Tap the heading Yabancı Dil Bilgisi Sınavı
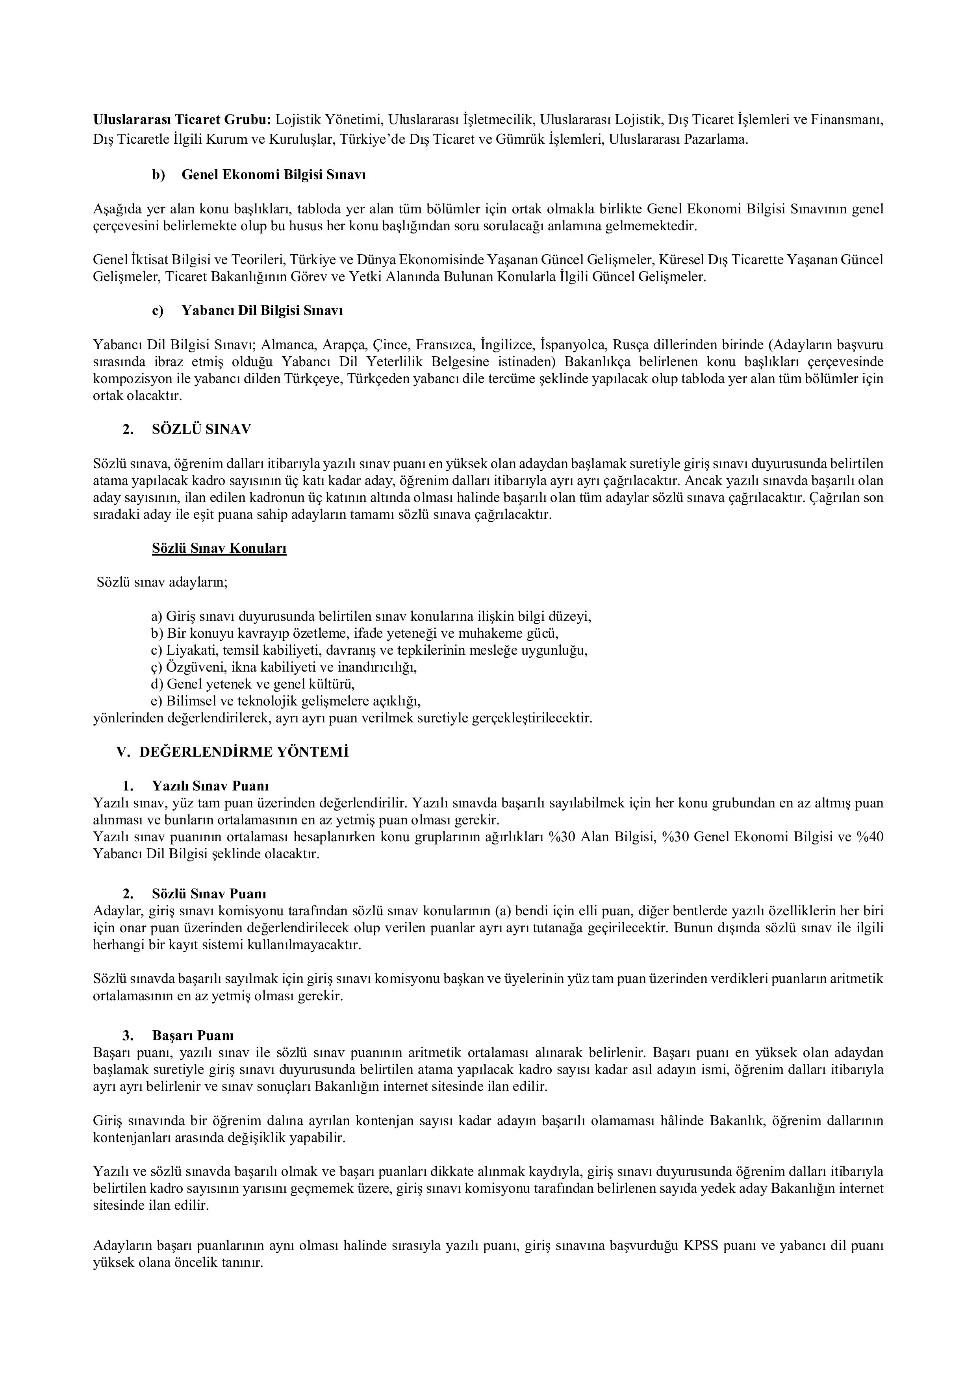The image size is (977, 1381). [x=262, y=310]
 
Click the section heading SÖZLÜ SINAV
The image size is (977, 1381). [x=202, y=429]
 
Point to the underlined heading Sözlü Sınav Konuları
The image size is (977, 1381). [x=219, y=548]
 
